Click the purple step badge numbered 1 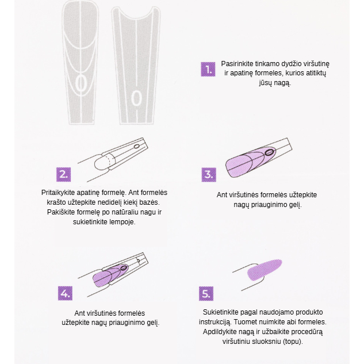coord(208,69)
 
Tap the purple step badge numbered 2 coord(63,175)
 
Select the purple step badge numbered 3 coord(209,175)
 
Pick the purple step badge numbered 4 coord(65,293)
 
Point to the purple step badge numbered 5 coord(206,294)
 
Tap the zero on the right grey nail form coord(136,98)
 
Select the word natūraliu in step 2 coord(125,212)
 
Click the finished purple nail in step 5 coord(265,269)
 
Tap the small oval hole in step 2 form coord(137,147)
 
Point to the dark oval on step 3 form coord(269,152)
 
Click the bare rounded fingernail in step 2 coord(102,162)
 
